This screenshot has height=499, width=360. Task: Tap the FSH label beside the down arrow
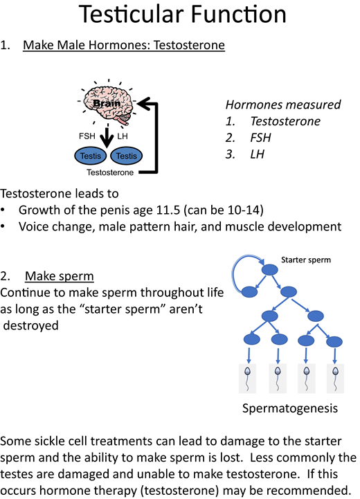coord(87,136)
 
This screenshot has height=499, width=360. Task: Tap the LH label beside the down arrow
coord(123,136)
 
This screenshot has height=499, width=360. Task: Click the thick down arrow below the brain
coord(105,135)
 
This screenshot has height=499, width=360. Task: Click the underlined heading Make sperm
coord(59,276)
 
